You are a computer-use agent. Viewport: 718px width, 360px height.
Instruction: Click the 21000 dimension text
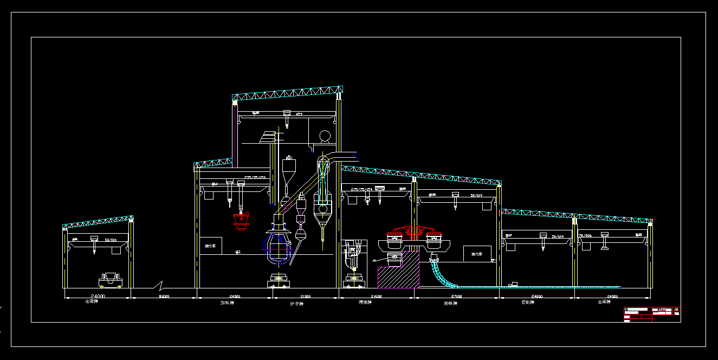(x=305, y=297)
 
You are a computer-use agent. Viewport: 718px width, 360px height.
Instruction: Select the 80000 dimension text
(x=164, y=297)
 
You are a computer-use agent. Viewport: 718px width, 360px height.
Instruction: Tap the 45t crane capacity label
(x=299, y=114)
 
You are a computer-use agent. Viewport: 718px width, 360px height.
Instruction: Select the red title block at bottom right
(x=652, y=314)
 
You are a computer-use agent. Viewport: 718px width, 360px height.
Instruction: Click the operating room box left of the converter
(x=210, y=246)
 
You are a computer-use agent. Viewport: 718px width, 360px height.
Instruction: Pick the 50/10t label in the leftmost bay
(x=111, y=239)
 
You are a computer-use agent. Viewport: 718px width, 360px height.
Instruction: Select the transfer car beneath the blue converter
(x=278, y=281)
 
